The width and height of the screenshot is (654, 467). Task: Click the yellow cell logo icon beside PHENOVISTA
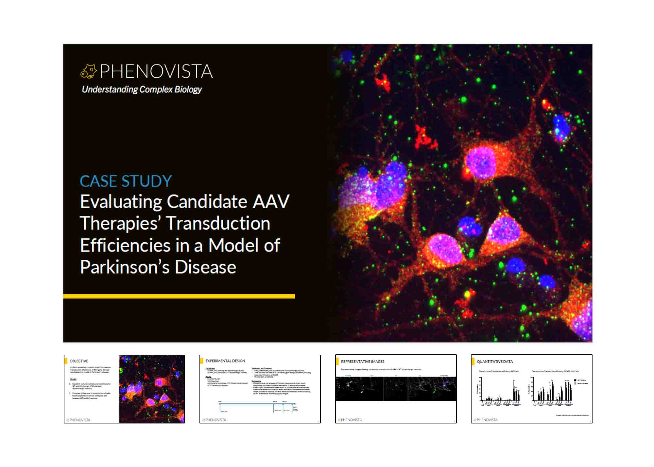click(x=89, y=71)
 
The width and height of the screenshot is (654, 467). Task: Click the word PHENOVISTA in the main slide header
click(x=156, y=71)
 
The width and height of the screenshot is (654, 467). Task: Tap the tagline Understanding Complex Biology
click(x=142, y=89)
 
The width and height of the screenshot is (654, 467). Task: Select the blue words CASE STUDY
click(x=126, y=181)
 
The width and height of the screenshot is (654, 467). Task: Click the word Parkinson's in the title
click(x=125, y=267)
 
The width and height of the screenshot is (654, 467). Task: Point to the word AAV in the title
click(x=271, y=201)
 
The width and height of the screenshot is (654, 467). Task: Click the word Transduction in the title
click(x=218, y=223)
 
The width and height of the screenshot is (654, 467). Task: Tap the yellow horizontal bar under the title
click(x=179, y=296)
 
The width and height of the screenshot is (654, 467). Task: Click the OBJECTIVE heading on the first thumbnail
click(x=79, y=361)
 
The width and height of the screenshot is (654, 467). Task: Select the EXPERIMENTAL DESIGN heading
click(x=225, y=361)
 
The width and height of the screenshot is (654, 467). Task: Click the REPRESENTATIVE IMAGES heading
click(x=362, y=362)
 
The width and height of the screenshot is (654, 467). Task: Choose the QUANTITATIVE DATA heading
click(x=494, y=362)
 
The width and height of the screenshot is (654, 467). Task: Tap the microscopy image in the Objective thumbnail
click(x=152, y=389)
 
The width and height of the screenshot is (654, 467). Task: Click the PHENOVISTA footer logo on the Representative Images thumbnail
click(x=350, y=420)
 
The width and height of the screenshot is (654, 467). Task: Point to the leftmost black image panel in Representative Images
click(x=347, y=389)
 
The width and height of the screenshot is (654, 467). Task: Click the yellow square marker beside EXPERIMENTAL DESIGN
click(x=202, y=361)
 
